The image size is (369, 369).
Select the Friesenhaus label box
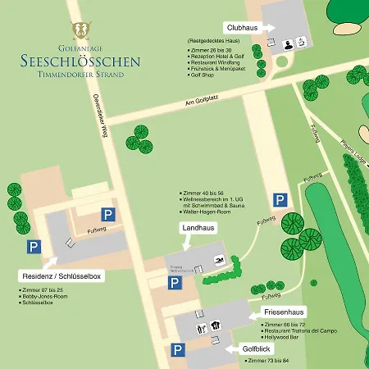pyautogui.click(x=285, y=312)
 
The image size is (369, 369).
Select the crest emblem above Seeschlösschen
pyautogui.click(x=80, y=30)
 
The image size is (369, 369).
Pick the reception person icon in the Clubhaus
pyautogui.click(x=288, y=44)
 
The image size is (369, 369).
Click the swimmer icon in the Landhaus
pyautogui.click(x=219, y=261)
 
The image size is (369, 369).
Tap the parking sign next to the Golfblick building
pyautogui.click(x=178, y=350)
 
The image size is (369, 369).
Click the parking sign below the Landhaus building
pyautogui.click(x=175, y=282)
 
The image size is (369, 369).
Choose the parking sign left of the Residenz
pyautogui.click(x=34, y=246)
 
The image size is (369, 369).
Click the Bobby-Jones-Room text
pyautogui.click(x=44, y=296)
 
